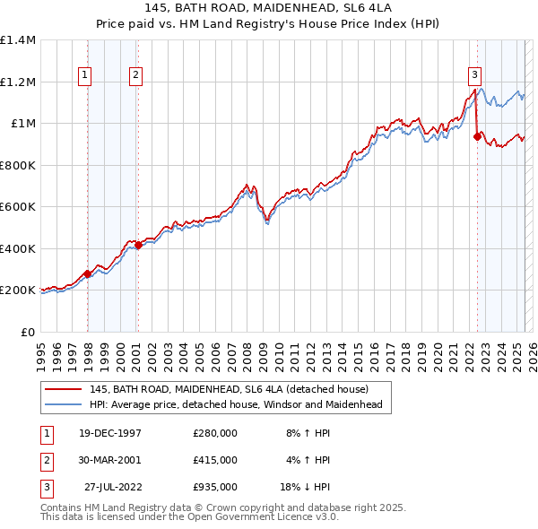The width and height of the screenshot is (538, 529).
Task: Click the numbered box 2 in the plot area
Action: [135, 76]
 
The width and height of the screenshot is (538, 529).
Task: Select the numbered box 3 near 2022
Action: [473, 76]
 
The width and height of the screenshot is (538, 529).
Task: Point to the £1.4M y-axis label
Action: [18, 40]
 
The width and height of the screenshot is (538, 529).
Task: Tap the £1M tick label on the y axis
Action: [23, 124]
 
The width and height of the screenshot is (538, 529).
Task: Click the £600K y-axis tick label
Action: [18, 207]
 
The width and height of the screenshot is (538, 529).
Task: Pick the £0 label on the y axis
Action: [29, 332]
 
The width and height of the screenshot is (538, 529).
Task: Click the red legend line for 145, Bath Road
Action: [63, 389]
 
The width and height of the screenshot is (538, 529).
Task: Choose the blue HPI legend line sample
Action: [63, 404]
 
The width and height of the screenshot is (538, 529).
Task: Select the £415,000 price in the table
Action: [215, 460]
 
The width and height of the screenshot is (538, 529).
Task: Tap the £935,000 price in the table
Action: [215, 487]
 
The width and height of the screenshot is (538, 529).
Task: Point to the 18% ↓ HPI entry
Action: [302, 487]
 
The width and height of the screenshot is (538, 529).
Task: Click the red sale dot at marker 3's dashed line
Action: [477, 137]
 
